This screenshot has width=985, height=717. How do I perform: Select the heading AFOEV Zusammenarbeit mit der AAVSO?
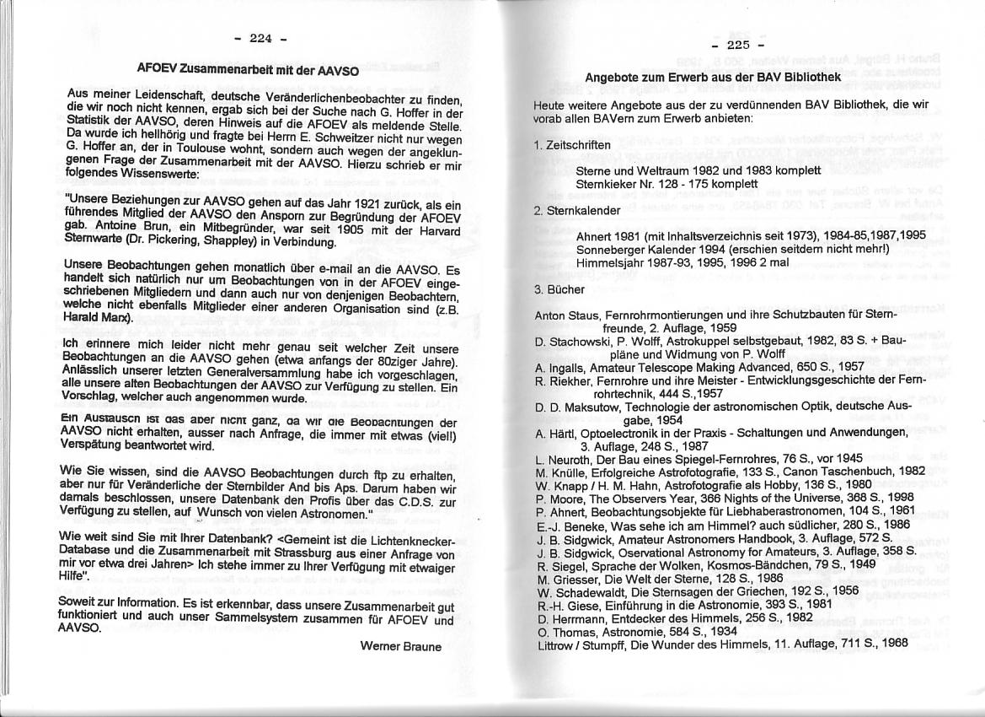pyautogui.click(x=248, y=69)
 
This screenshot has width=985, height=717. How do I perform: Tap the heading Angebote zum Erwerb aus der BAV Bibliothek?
pyautogui.click(x=713, y=78)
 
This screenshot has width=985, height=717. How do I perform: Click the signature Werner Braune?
pyautogui.click(x=400, y=646)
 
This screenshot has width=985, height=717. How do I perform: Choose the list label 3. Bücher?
pyautogui.click(x=559, y=288)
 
